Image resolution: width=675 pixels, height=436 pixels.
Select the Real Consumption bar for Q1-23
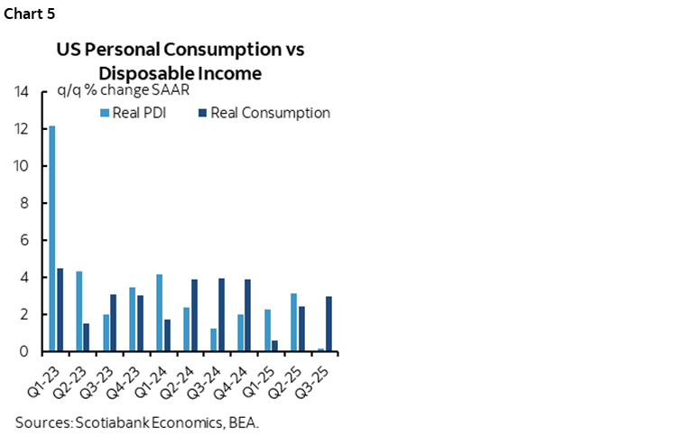coord(60,310)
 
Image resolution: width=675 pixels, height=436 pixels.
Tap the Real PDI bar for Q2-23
coord(79,311)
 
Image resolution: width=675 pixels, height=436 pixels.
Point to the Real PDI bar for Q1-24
coord(159,312)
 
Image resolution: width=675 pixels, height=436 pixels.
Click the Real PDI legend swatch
coord(104,114)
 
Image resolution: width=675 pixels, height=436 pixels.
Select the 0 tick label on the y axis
coord(26,352)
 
